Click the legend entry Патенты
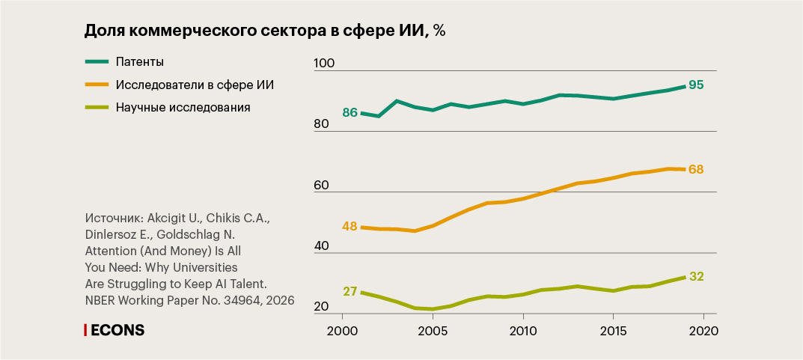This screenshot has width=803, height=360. coord(140,61)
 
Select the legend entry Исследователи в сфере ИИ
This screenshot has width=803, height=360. coord(195,85)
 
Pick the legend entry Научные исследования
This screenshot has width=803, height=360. coord(183,107)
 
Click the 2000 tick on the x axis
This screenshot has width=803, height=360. coord(342,331)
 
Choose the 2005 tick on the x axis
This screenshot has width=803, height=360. coord(433,331)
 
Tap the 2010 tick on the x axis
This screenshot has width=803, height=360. coord(522,331)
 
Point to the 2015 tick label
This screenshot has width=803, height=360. coord(613,331)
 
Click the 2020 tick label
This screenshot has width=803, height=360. coord(703,331)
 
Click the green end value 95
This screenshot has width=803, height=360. coord(696,85)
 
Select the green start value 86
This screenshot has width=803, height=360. coord(349,113)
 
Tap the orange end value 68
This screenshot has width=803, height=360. coord(696,169)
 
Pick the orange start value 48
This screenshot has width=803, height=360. coord(349,225)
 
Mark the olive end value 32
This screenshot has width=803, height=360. coord(696,276)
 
